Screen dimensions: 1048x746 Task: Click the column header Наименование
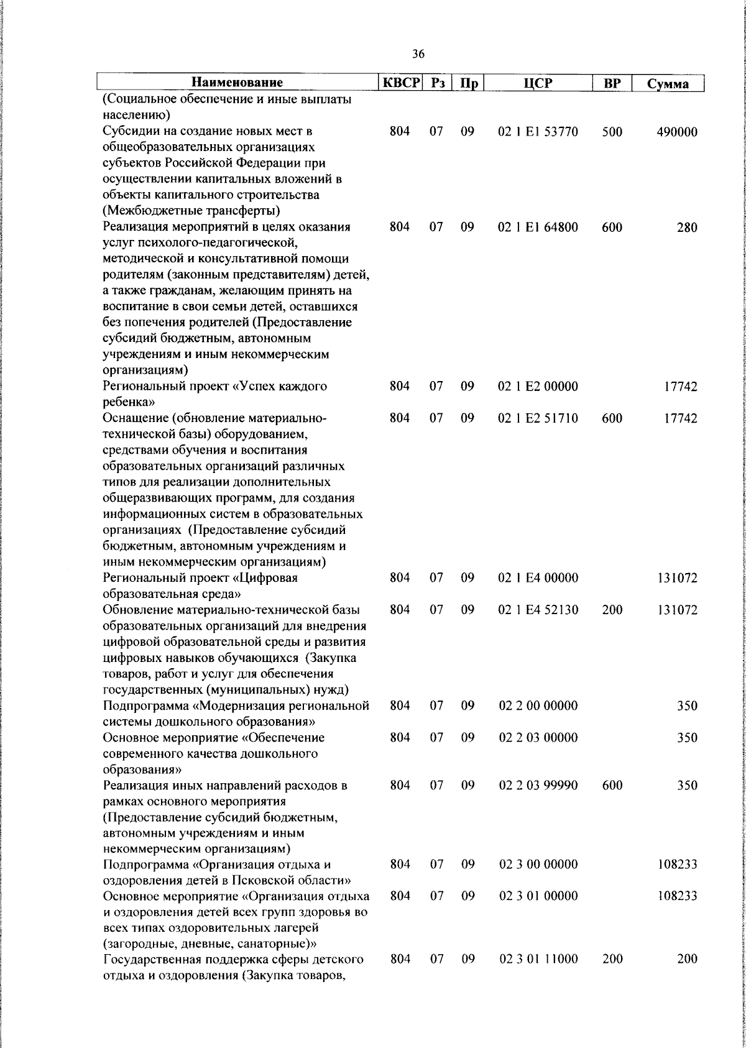(x=237, y=83)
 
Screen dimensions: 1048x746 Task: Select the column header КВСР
(x=400, y=83)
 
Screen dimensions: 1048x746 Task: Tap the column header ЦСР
(x=538, y=83)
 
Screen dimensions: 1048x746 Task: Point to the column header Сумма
(x=668, y=84)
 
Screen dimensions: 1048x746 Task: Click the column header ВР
(x=612, y=83)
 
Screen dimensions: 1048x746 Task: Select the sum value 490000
(x=677, y=132)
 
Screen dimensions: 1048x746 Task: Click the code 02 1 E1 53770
(x=538, y=132)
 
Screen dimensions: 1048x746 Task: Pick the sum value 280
(x=687, y=228)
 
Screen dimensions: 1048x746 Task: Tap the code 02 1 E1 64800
(x=538, y=228)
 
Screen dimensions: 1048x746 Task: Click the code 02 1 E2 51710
(x=538, y=418)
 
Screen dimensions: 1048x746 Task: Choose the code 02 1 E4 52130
(x=538, y=610)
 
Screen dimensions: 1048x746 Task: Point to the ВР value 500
(x=612, y=132)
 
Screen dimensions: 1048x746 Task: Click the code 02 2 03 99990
(x=538, y=785)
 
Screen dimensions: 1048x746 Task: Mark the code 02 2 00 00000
(x=538, y=706)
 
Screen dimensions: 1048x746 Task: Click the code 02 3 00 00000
(x=538, y=864)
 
